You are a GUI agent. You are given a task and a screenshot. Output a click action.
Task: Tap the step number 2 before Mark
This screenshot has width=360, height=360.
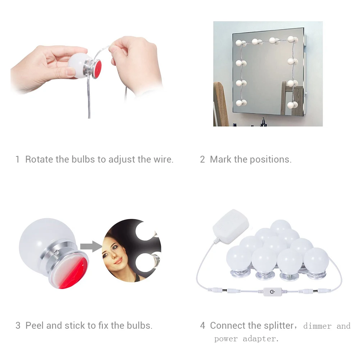coord(202,159)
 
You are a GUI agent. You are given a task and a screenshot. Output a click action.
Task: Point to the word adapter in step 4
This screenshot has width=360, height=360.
coord(261,339)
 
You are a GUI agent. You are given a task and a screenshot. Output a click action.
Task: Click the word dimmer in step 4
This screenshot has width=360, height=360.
coord(317,326)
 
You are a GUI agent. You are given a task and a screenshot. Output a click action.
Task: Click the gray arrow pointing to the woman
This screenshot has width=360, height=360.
coord(91,246)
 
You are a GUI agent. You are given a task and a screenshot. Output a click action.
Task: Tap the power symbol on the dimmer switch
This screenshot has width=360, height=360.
coord(272,292)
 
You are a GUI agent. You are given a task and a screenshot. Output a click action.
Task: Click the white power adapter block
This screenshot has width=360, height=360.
coord(231,226)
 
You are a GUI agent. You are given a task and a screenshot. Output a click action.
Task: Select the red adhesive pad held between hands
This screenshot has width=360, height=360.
coord(97,68)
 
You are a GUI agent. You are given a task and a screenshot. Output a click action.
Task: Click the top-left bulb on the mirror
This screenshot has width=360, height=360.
coord(239,43)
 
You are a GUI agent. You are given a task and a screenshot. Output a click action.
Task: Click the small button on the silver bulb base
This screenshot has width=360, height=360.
coord(56,252)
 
